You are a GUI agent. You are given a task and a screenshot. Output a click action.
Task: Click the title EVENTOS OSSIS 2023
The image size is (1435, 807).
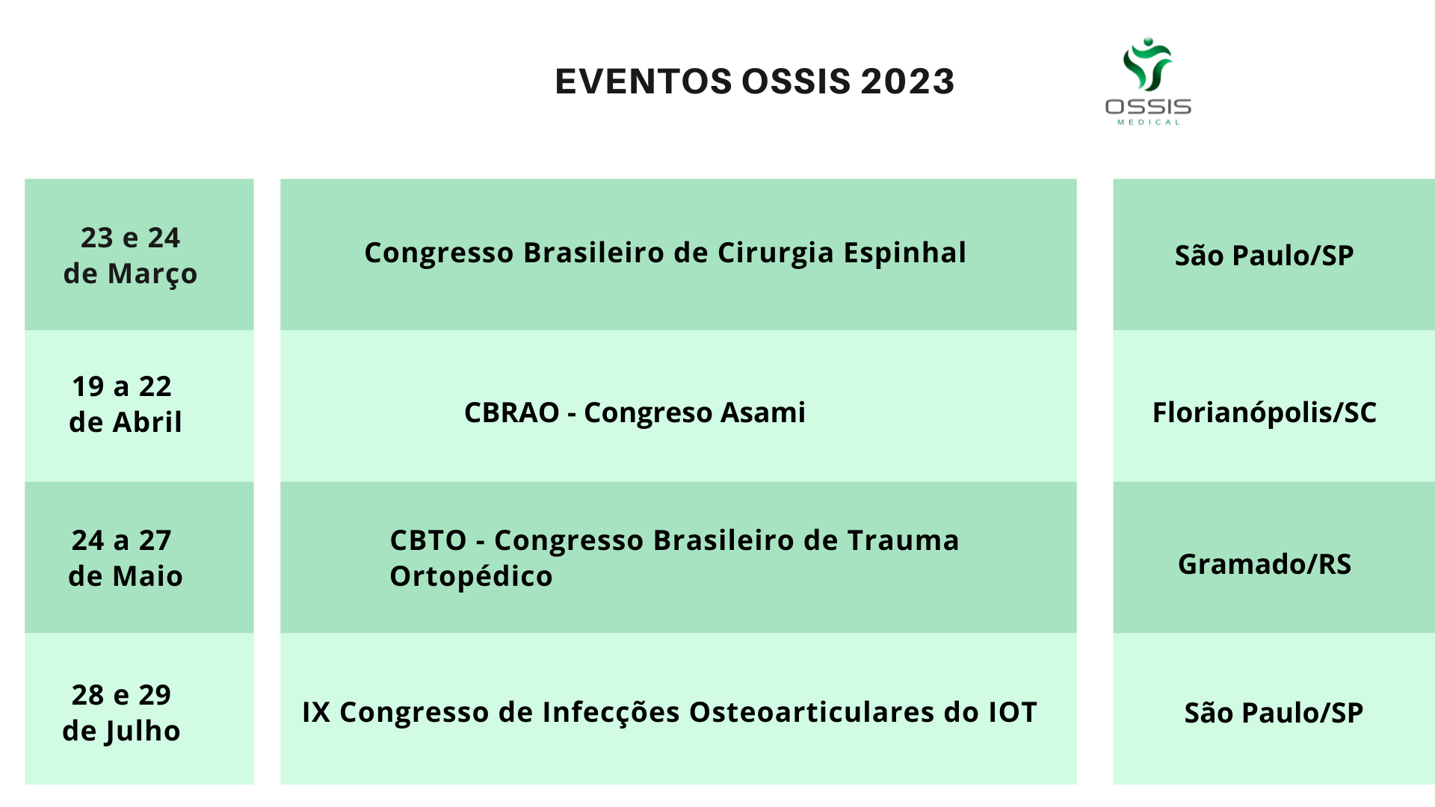(x=754, y=81)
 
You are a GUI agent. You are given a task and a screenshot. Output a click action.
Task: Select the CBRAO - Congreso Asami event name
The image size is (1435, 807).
(x=635, y=412)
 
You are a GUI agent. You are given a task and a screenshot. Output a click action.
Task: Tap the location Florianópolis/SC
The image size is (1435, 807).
(x=1264, y=413)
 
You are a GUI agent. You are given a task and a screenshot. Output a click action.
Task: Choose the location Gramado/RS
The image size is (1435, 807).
(x=1265, y=564)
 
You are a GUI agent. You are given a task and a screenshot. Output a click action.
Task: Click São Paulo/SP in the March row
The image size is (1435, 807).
(x=1264, y=256)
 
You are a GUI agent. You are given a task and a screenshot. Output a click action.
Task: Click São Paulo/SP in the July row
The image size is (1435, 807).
(x=1274, y=713)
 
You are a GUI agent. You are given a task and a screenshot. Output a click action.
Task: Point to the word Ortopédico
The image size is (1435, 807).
(x=471, y=577)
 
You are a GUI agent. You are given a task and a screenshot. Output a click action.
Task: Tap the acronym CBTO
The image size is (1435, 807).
(x=428, y=540)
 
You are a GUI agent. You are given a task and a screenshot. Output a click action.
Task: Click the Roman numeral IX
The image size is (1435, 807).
(x=316, y=713)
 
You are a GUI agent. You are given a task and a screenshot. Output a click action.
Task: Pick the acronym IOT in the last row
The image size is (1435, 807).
(x=1013, y=713)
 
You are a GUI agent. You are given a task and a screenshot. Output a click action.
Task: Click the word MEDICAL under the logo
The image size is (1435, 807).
(x=1149, y=123)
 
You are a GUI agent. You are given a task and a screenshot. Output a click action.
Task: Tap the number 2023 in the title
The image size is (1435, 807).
(x=907, y=81)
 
